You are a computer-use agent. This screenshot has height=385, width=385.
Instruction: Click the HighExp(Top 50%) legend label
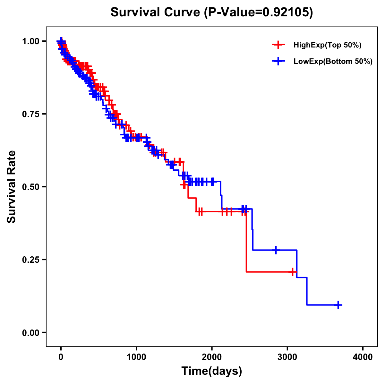point(327,45)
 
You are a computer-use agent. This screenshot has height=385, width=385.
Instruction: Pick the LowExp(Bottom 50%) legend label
point(333,61)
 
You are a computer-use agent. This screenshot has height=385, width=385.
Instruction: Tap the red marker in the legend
point(278,45)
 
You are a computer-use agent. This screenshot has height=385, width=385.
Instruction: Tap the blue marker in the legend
point(278,61)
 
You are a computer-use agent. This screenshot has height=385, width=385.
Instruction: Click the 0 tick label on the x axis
point(61,357)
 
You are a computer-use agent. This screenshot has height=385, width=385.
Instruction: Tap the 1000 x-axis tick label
point(136,357)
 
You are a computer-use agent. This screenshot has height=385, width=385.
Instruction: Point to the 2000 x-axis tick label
point(212,357)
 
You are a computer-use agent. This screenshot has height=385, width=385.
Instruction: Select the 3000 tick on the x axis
point(287,357)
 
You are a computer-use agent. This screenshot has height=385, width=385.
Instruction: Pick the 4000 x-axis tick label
point(363,357)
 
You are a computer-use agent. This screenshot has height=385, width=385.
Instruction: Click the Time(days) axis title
point(212,371)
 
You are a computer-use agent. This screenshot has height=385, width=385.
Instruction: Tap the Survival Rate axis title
point(12,187)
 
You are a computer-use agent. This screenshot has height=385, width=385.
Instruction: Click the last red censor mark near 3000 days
point(292,272)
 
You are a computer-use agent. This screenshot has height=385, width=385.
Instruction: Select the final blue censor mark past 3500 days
point(338,305)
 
